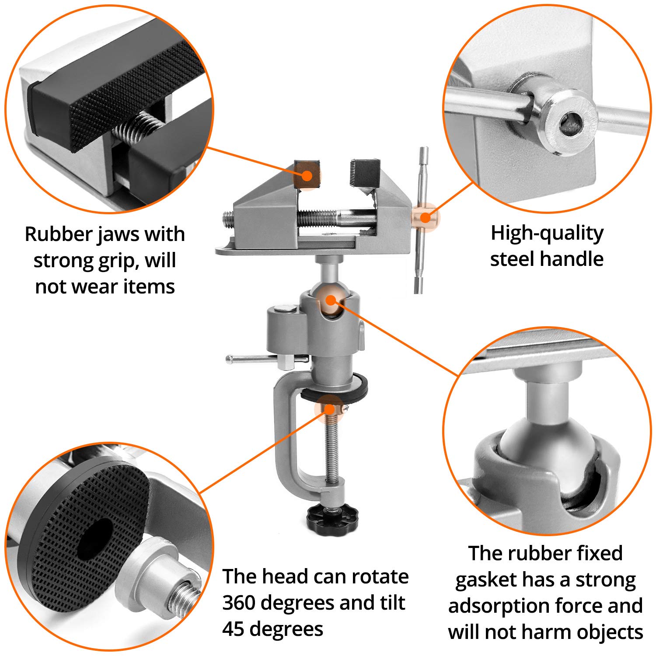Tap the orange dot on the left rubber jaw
[x=307, y=176]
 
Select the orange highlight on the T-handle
[x=425, y=217]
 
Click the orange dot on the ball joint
[x=331, y=300]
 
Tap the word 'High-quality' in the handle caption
[x=547, y=234]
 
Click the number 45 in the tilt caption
[x=233, y=629]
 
